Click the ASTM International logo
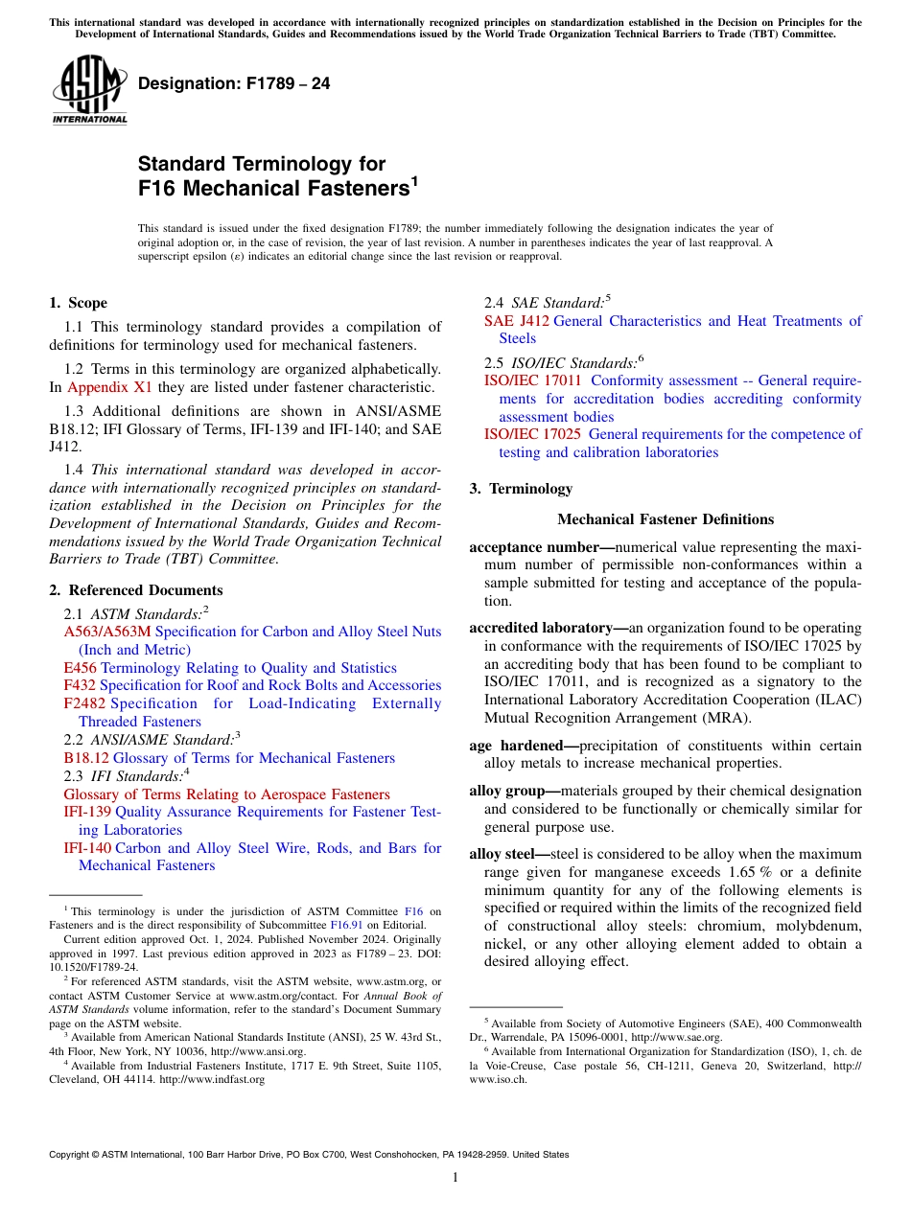(89, 89)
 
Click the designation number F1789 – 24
(234, 84)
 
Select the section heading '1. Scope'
(78, 303)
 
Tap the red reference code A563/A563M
(107, 632)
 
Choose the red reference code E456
(80, 668)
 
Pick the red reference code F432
(80, 685)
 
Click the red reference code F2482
(84, 703)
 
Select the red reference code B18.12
(86, 758)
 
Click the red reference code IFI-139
(87, 812)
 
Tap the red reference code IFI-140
(87, 848)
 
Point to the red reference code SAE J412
(517, 321)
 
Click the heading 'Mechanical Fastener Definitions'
(666, 519)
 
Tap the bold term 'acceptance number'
(534, 547)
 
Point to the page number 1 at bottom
(455, 1178)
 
